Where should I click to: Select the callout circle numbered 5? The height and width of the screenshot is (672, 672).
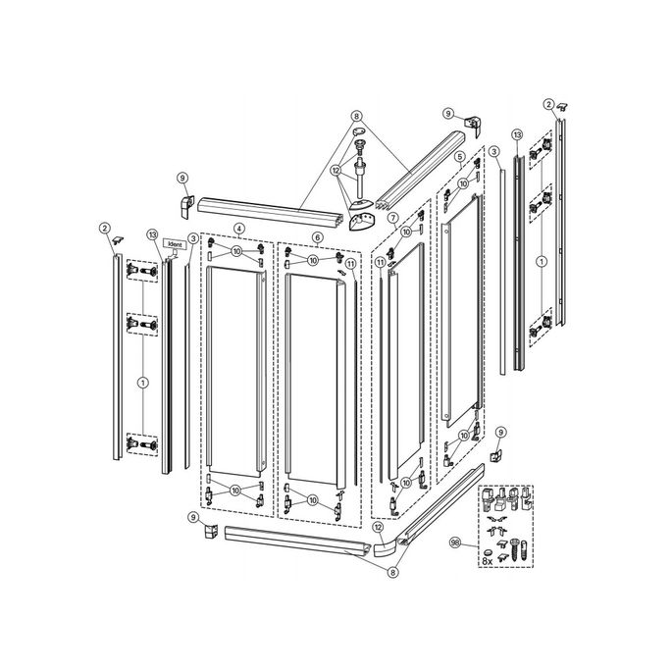coord(458,156)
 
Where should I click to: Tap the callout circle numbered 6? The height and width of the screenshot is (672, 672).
coord(317,236)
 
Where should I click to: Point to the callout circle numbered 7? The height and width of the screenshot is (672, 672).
coord(391,217)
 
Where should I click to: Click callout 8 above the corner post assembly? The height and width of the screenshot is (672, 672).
coord(356,116)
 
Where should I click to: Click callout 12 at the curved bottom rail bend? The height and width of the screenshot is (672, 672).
coord(378,527)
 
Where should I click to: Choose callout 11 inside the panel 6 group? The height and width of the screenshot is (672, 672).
coord(350,263)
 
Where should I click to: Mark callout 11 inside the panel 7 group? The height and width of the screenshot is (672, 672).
coord(380,262)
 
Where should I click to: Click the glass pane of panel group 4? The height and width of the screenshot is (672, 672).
coord(235,373)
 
